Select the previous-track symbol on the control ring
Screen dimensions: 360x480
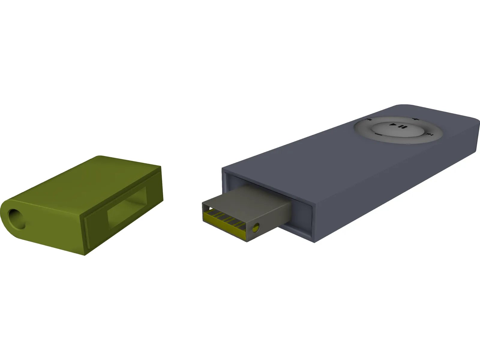point(367,119)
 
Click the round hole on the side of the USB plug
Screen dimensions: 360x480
point(255,228)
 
